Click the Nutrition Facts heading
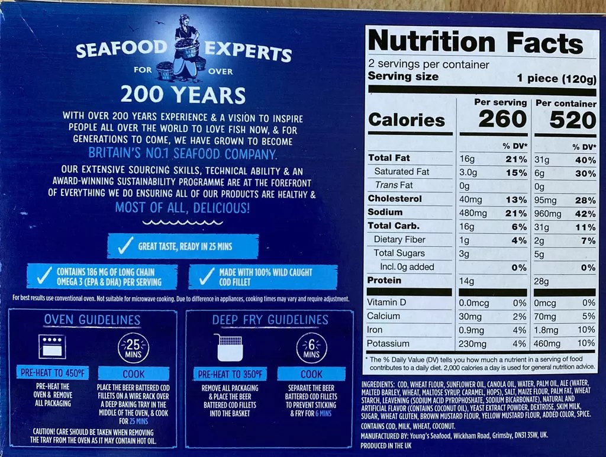(475, 42)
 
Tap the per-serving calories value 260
(502, 119)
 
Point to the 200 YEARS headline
(183, 95)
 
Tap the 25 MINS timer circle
(133, 347)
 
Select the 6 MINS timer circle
(311, 347)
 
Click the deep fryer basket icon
(230, 347)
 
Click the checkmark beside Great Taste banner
(124, 246)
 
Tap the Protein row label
(384, 280)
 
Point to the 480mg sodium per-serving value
(473, 213)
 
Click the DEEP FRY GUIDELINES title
(270, 320)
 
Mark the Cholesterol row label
(395, 199)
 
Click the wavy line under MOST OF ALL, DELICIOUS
(183, 222)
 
